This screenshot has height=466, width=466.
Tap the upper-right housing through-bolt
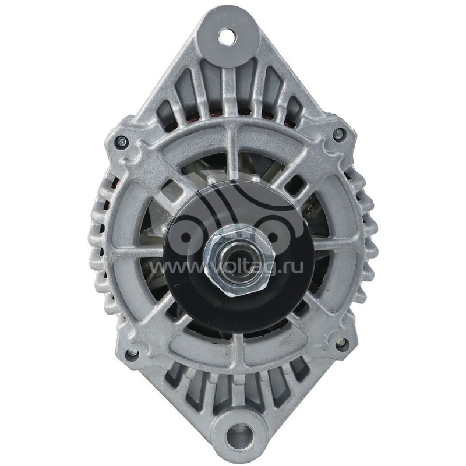point(338,135)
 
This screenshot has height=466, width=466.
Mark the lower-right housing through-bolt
point(340,345)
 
